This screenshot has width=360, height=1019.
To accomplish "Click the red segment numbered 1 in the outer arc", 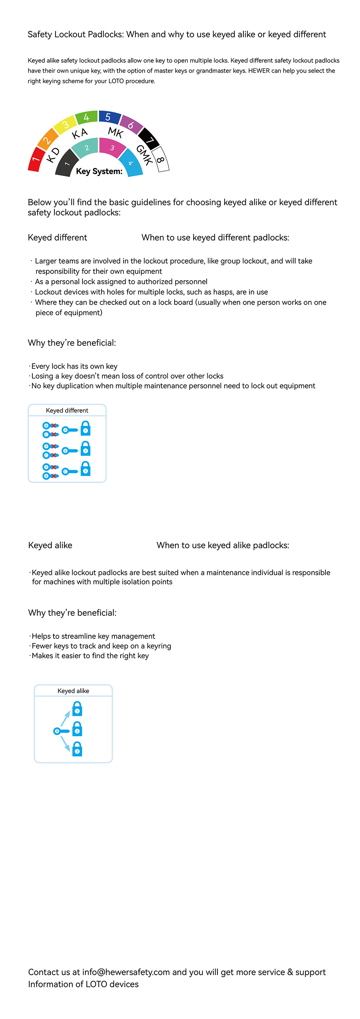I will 35,159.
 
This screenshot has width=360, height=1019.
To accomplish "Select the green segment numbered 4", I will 86,117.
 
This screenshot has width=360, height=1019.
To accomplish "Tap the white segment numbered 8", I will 161,160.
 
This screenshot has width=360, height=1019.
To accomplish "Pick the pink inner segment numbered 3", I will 112,148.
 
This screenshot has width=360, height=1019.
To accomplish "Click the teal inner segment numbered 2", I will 87,148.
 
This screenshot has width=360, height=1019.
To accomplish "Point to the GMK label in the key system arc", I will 144,155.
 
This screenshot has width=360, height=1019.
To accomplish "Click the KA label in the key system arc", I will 80,134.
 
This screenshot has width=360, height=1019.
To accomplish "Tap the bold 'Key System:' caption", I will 99,171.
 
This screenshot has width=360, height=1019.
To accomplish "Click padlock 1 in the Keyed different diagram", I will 85,428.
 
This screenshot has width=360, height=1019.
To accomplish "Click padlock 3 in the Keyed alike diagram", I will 77,749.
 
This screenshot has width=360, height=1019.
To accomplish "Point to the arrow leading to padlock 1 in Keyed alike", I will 65,718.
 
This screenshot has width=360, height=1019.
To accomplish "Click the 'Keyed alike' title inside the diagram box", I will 73,691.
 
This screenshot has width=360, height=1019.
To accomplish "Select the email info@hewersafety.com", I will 126,972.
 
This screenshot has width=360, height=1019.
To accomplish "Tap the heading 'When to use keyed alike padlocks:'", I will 223,545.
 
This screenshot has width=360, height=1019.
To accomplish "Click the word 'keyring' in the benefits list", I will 159,646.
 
